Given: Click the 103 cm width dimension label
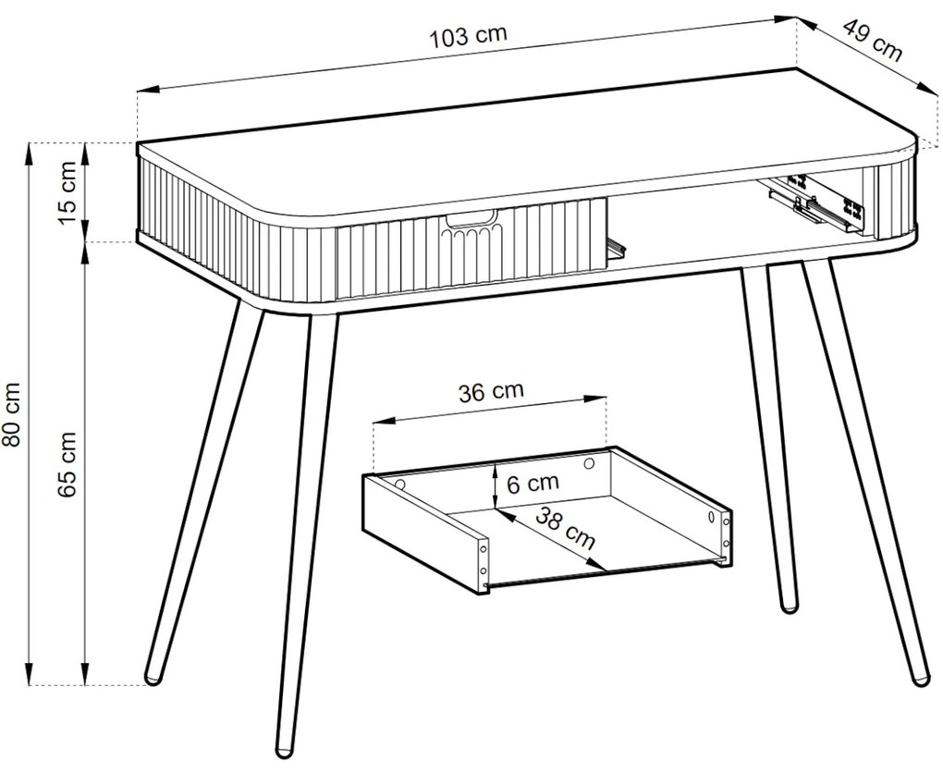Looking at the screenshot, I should pos(469,37).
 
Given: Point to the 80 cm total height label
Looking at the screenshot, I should pos(12,413).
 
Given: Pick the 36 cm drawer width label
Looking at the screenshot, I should pos(491,391).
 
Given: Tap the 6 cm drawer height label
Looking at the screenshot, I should pos(533,482).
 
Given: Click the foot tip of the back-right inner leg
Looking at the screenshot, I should pos(788,606).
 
